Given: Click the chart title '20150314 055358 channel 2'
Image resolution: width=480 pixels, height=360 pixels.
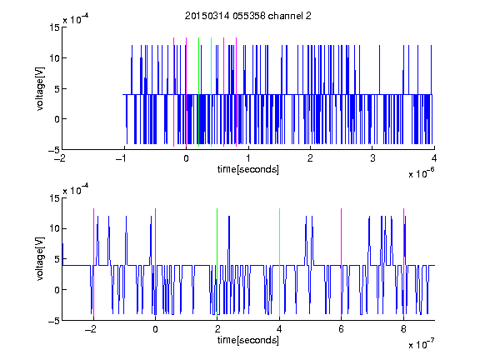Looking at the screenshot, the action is pyautogui.click(x=248, y=16).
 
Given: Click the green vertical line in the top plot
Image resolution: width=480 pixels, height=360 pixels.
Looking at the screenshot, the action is pyautogui.click(x=198, y=92).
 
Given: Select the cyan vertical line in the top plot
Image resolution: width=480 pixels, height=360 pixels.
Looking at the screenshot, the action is pyautogui.click(x=211, y=92).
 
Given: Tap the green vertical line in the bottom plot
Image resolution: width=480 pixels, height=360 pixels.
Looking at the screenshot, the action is pyautogui.click(x=217, y=262).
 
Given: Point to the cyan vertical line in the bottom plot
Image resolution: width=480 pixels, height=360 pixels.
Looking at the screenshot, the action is pyautogui.click(x=279, y=262).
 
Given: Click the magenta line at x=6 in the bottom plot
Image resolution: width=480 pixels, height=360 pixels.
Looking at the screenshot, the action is pyautogui.click(x=342, y=262).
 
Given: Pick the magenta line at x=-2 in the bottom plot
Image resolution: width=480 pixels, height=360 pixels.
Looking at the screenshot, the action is pyautogui.click(x=93, y=262).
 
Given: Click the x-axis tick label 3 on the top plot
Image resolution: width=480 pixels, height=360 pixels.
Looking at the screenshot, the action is pyautogui.click(x=372, y=158).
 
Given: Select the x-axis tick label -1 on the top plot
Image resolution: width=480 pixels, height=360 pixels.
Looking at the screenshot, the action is pyautogui.click(x=122, y=158).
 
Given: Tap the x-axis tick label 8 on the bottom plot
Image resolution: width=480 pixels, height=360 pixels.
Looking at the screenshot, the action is pyautogui.click(x=404, y=329).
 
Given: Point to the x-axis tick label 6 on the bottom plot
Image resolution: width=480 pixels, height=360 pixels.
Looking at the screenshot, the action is pyautogui.click(x=342, y=329).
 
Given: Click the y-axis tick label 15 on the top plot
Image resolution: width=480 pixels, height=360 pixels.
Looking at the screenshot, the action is pyautogui.click(x=54, y=27).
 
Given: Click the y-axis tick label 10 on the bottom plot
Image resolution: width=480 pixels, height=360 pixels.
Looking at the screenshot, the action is pyautogui.click(x=54, y=228).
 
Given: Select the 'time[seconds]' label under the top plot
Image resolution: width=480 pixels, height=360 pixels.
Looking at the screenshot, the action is pyautogui.click(x=248, y=169).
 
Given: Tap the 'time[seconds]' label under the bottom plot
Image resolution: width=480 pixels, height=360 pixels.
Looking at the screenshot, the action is pyautogui.click(x=248, y=340).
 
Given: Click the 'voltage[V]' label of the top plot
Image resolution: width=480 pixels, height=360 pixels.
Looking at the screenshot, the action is pyautogui.click(x=40, y=89).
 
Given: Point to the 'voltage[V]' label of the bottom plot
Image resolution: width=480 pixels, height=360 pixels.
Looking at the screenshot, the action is pyautogui.click(x=40, y=259).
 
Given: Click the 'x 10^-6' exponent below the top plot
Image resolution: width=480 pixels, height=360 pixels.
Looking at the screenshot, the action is pyautogui.click(x=422, y=173).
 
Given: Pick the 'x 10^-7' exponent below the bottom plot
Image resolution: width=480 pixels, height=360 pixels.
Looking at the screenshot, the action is pyautogui.click(x=422, y=344).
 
